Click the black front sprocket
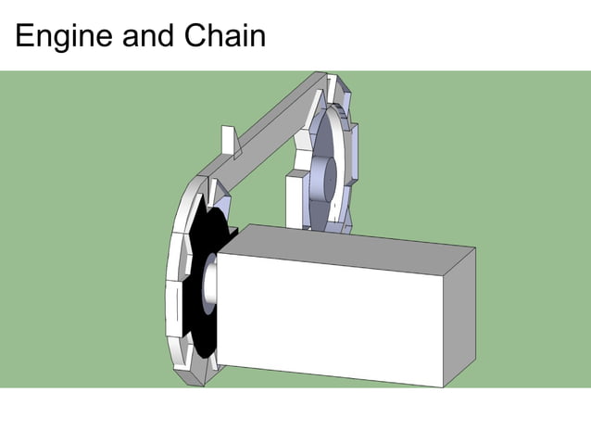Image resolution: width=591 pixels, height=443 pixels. coord(198,297)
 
